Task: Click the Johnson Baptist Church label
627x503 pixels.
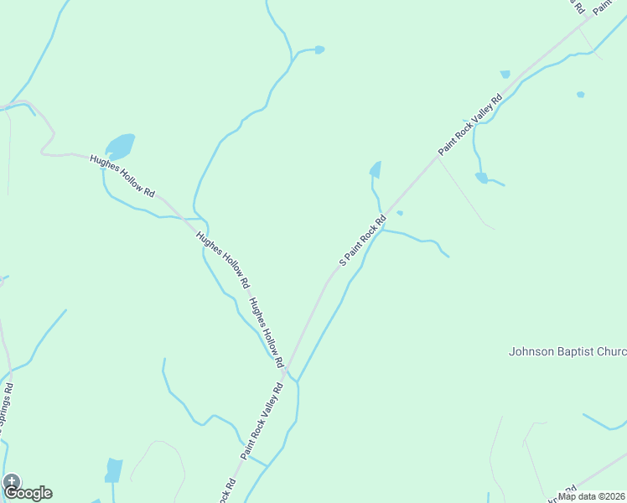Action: (x=567, y=352)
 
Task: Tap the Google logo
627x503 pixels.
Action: (x=28, y=492)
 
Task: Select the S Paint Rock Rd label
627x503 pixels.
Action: (x=362, y=241)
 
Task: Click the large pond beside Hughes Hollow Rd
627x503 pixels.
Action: (x=120, y=147)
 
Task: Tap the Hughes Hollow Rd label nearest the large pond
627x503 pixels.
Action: (x=122, y=176)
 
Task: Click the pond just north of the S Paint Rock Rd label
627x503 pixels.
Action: (x=376, y=169)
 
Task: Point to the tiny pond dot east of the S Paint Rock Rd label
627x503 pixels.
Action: (x=400, y=213)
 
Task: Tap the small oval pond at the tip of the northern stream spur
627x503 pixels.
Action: (x=319, y=49)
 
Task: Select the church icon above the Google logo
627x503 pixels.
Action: (x=11, y=480)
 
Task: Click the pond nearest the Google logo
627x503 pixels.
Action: (x=114, y=469)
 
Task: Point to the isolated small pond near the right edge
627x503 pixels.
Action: (x=580, y=95)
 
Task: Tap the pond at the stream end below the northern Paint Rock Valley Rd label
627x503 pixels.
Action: (x=481, y=177)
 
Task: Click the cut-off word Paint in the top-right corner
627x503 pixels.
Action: (x=602, y=8)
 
